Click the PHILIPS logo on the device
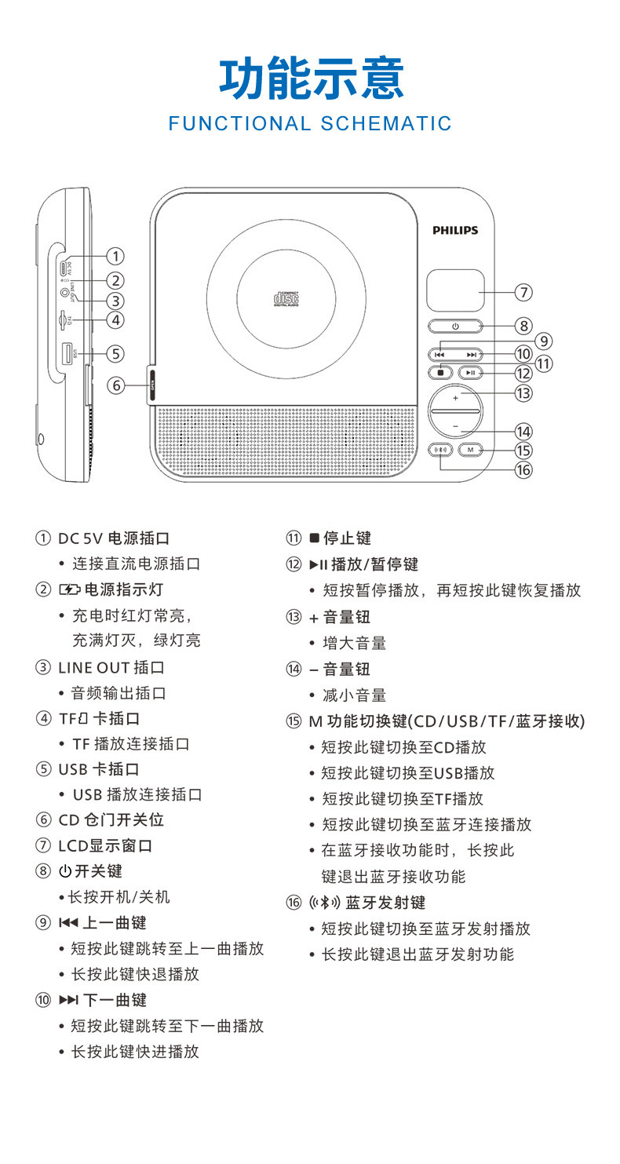pyautogui.click(x=455, y=230)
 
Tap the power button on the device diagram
pyautogui.click(x=455, y=325)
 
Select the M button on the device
pyautogui.click(x=470, y=450)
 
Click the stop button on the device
pyautogui.click(x=442, y=373)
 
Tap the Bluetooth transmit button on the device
pyautogui.click(x=443, y=450)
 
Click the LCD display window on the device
pyautogui.click(x=455, y=290)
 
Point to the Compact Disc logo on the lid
pyautogui.click(x=286, y=298)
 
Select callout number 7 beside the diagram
pyautogui.click(x=523, y=292)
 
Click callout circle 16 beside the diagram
pyautogui.click(x=523, y=469)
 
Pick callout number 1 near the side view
pyautogui.click(x=115, y=256)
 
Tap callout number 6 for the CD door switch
pyautogui.click(x=115, y=385)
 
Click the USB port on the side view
pyautogui.click(x=67, y=353)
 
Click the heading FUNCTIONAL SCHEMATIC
pyautogui.click(x=310, y=123)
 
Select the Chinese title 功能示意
pyautogui.click(x=312, y=79)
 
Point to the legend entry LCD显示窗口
pyautogui.click(x=105, y=845)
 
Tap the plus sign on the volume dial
pyautogui.click(x=455, y=398)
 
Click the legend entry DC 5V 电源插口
pyautogui.click(x=114, y=538)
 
